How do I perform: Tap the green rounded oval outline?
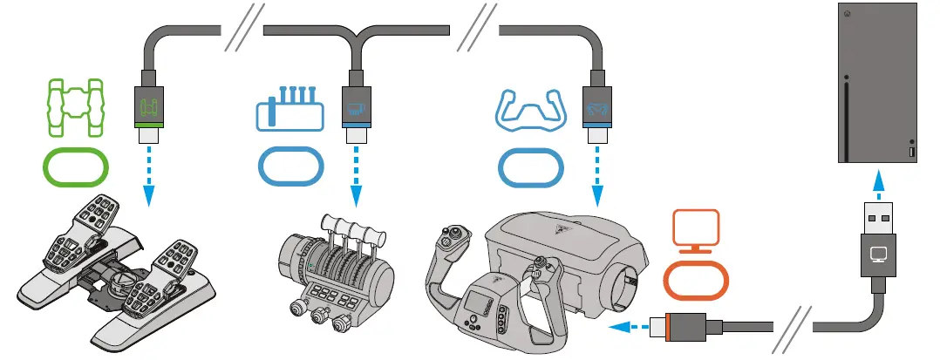click(76, 166)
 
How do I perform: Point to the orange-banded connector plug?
click(689, 329)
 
